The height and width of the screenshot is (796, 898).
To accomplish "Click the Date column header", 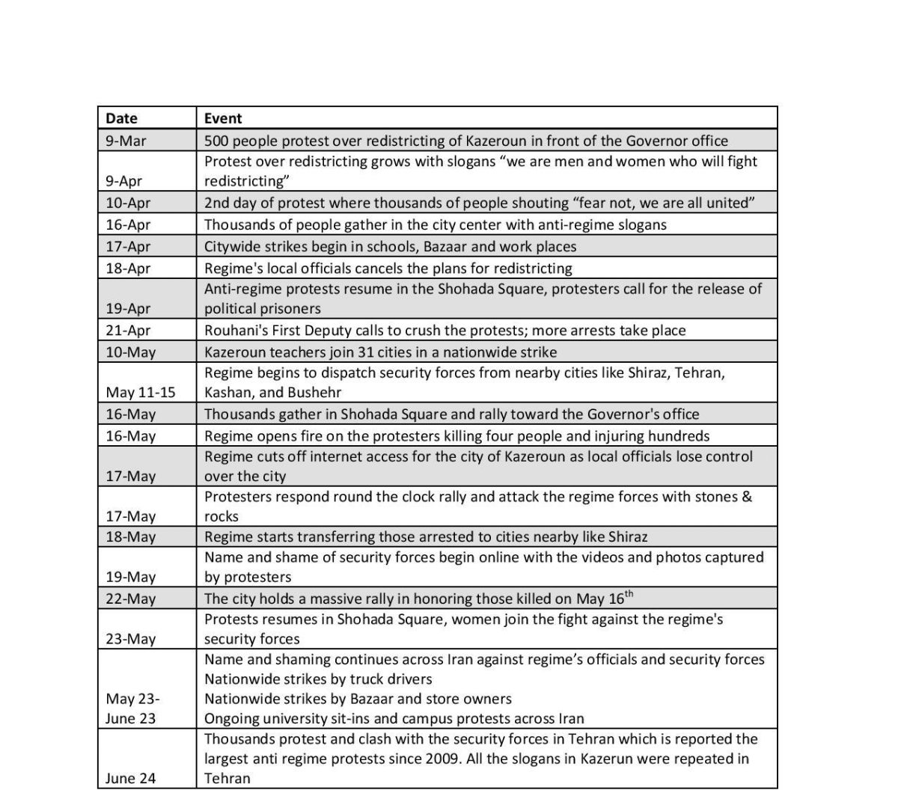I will [x=121, y=118].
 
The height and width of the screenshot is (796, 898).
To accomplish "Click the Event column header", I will [x=223, y=118].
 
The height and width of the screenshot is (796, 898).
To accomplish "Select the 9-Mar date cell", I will [x=126, y=141].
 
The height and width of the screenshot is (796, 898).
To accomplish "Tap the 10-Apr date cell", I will [x=128, y=203].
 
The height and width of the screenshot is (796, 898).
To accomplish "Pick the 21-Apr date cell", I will [x=128, y=331].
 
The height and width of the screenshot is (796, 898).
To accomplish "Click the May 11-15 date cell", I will [x=141, y=392].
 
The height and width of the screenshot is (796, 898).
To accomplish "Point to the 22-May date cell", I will [x=131, y=598].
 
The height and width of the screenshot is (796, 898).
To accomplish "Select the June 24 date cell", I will [x=130, y=778].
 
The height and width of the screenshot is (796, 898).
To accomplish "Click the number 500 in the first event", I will [x=217, y=141].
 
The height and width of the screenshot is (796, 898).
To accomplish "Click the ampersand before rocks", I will [x=747, y=497].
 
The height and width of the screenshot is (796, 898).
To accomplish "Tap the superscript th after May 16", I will [x=629, y=594].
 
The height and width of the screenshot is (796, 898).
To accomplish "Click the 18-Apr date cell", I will [x=128, y=269].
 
